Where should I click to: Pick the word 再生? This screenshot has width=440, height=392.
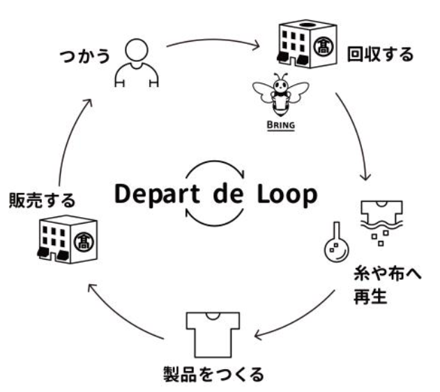tap(370, 300)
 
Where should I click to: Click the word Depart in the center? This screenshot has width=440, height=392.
tap(160, 194)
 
